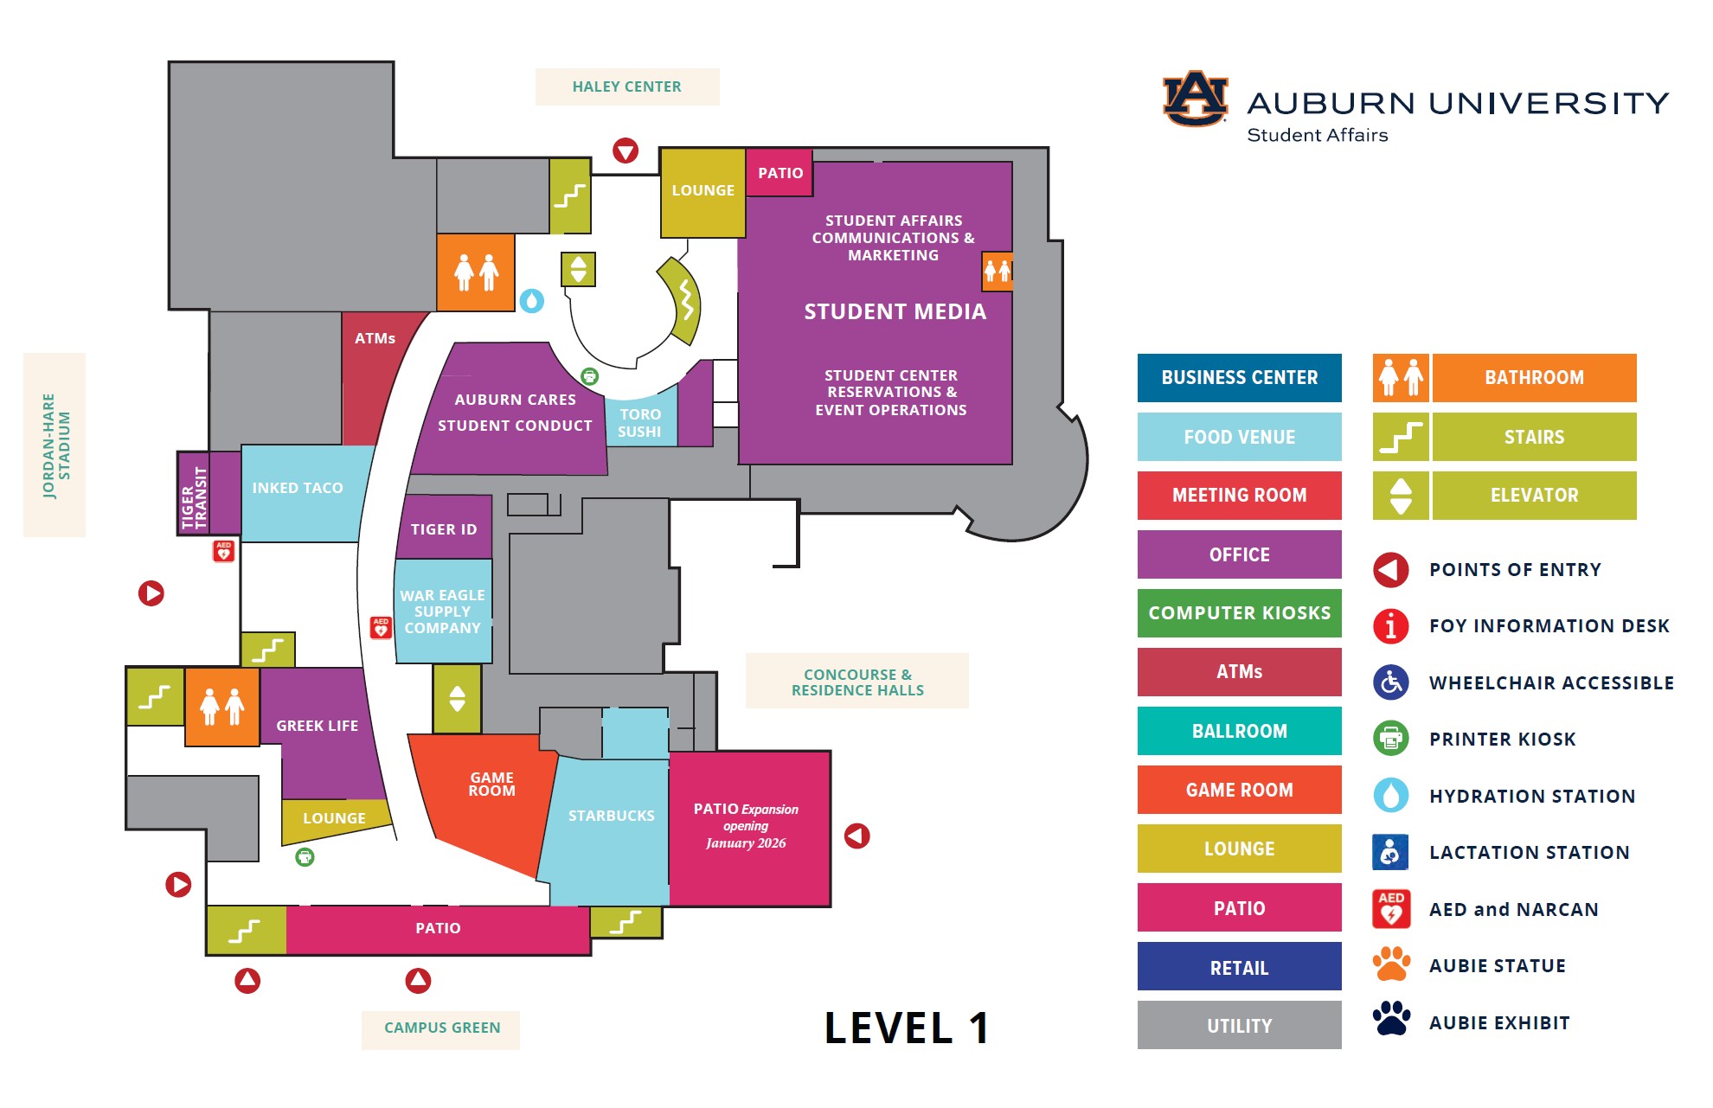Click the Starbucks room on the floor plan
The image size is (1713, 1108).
point(610,816)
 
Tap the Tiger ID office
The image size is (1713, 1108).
point(444,528)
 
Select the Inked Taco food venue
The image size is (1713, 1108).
point(298,489)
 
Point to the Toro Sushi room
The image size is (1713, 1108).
point(640,423)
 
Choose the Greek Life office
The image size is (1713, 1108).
point(318,727)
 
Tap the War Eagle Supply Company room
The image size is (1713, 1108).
point(443,612)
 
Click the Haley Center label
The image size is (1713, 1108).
point(626,86)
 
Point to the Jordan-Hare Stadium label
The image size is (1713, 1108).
point(55,445)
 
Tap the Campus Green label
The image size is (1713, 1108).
point(441,1028)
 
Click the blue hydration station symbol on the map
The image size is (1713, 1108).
point(531,301)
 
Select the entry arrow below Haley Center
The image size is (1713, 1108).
point(626,151)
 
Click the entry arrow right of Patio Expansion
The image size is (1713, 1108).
point(856,836)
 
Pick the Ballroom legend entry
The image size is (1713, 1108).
point(1239,731)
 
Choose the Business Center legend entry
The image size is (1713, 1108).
point(1239,378)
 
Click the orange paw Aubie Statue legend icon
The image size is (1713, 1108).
point(1391,964)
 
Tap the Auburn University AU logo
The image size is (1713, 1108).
point(1195,99)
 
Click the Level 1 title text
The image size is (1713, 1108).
point(906,1028)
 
